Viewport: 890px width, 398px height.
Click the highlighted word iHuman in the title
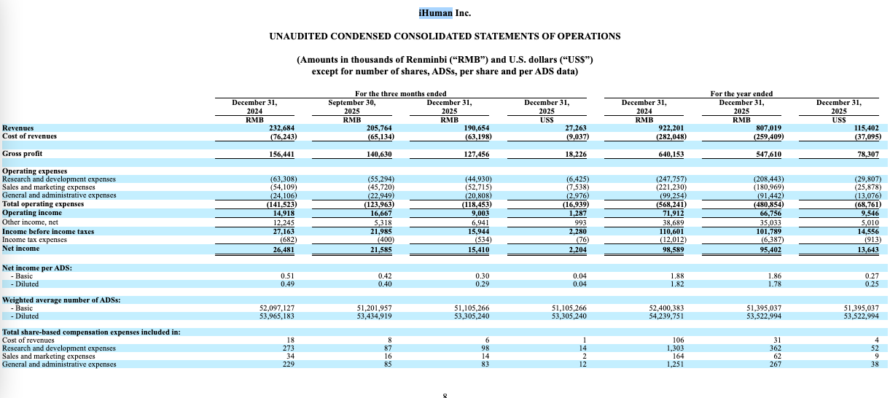[x=436, y=13]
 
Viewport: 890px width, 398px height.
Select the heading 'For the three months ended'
[x=400, y=94]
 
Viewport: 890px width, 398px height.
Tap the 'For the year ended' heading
[x=741, y=94]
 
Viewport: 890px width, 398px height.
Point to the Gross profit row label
[x=23, y=154]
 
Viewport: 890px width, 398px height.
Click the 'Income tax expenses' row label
[x=34, y=239]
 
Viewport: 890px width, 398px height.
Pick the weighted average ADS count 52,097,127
[x=277, y=308]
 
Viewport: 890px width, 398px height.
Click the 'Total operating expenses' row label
[x=43, y=204]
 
